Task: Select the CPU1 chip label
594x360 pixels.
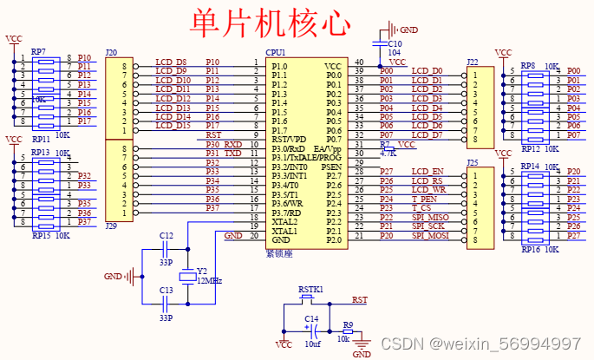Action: pyautogui.click(x=276, y=53)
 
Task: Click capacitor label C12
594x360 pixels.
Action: pyautogui.click(x=166, y=236)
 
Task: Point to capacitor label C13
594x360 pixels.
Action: pyautogui.click(x=166, y=291)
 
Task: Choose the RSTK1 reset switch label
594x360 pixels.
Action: pyautogui.click(x=310, y=289)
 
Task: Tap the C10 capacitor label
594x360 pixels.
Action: pyautogui.click(x=394, y=43)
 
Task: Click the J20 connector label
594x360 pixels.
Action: pyautogui.click(x=111, y=53)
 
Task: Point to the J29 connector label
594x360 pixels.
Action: pyautogui.click(x=111, y=226)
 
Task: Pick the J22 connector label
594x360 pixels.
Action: pyautogui.click(x=472, y=62)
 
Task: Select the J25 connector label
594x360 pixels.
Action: pyautogui.click(x=472, y=162)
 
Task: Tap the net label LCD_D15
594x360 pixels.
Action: pyautogui.click(x=172, y=126)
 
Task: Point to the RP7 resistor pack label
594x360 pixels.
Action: pyautogui.click(x=38, y=52)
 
